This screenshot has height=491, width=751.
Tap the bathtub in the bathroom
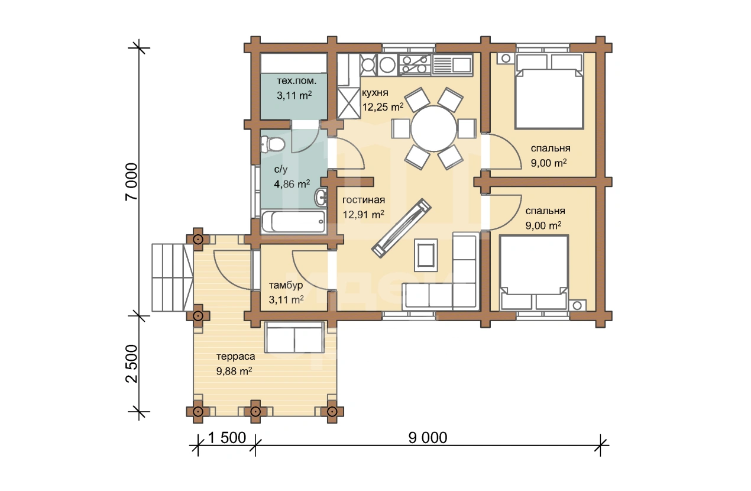[x=293, y=221]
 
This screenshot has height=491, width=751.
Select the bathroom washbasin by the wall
[x=321, y=198]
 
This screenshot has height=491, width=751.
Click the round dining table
[x=434, y=129]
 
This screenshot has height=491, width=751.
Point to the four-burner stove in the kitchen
[x=415, y=64]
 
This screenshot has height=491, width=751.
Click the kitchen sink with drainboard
[x=452, y=64]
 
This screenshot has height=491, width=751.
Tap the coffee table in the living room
[x=426, y=255]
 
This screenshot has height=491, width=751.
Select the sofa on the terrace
[x=294, y=337]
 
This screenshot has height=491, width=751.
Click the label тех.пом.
[x=297, y=81]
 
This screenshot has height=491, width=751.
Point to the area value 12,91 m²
[x=364, y=214]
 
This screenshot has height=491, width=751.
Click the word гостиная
[x=364, y=200]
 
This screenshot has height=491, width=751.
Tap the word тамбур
[x=286, y=285]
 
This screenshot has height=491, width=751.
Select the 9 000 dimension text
[x=428, y=438]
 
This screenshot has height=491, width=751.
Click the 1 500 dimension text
[x=227, y=438]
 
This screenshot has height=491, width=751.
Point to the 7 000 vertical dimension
[x=131, y=182]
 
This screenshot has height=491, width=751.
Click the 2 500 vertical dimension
[x=131, y=364]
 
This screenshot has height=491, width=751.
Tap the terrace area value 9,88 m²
[x=234, y=372]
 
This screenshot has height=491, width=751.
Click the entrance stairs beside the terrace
[x=172, y=277]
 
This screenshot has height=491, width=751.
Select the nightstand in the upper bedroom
[x=506, y=59]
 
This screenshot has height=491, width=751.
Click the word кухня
[x=375, y=92]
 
